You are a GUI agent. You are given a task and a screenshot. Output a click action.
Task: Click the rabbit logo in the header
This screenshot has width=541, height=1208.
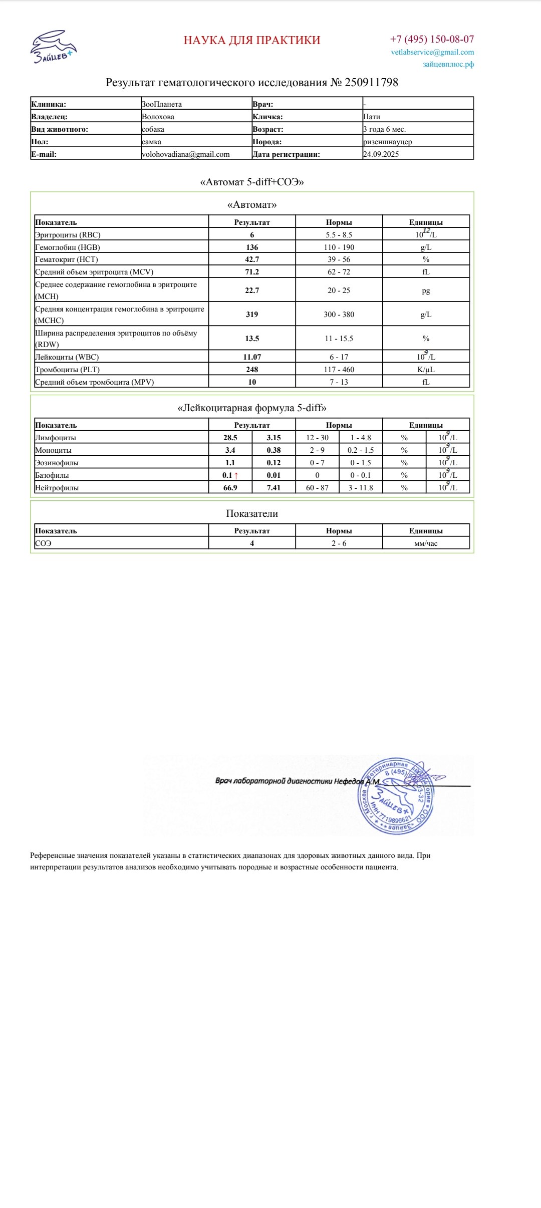pos(53,46)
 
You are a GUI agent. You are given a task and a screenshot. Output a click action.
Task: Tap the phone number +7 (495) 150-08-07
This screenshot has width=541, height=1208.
pos(432,39)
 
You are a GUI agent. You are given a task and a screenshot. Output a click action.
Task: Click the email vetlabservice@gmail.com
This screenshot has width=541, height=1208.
pos(432,52)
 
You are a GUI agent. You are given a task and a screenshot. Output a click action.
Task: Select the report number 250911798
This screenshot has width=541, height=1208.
pos(371,83)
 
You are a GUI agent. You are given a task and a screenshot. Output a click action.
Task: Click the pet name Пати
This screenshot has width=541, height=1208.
pos(372,117)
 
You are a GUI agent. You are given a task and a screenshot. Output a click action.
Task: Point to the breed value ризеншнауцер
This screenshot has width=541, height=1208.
pos(387,142)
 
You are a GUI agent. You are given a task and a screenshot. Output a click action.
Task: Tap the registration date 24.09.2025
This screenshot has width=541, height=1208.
pos(381,154)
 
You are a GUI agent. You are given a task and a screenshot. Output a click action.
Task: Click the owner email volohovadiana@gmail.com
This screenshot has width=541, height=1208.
pos(185,154)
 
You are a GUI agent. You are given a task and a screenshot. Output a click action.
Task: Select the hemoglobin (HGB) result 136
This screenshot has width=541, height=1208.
pos(252,247)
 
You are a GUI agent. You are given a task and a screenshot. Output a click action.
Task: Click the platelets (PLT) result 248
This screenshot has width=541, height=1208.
pos(252,370)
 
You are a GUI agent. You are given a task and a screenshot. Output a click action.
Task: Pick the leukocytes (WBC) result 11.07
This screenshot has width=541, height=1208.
pos(252,357)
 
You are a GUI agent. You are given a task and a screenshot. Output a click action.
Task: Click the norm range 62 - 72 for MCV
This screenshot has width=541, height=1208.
pos(339,272)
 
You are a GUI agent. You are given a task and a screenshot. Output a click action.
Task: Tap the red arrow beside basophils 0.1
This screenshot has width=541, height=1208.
pos(236,475)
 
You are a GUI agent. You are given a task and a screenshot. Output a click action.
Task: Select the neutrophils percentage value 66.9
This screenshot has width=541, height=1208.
pos(230,488)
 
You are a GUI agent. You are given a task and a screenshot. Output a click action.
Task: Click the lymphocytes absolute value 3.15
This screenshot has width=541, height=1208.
pos(274,438)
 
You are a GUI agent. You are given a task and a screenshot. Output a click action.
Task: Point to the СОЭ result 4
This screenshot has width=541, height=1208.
pos(252,543)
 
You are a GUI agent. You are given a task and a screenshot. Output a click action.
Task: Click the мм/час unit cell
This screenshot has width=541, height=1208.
pos(426,543)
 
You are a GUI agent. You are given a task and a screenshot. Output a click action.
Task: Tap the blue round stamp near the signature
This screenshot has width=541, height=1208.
pos(395,796)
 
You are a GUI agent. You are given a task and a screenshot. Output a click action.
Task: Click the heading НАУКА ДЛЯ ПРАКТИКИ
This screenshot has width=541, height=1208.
pos(252,40)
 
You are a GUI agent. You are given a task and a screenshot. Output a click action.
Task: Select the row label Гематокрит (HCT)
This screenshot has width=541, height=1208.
pos(67,259)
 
